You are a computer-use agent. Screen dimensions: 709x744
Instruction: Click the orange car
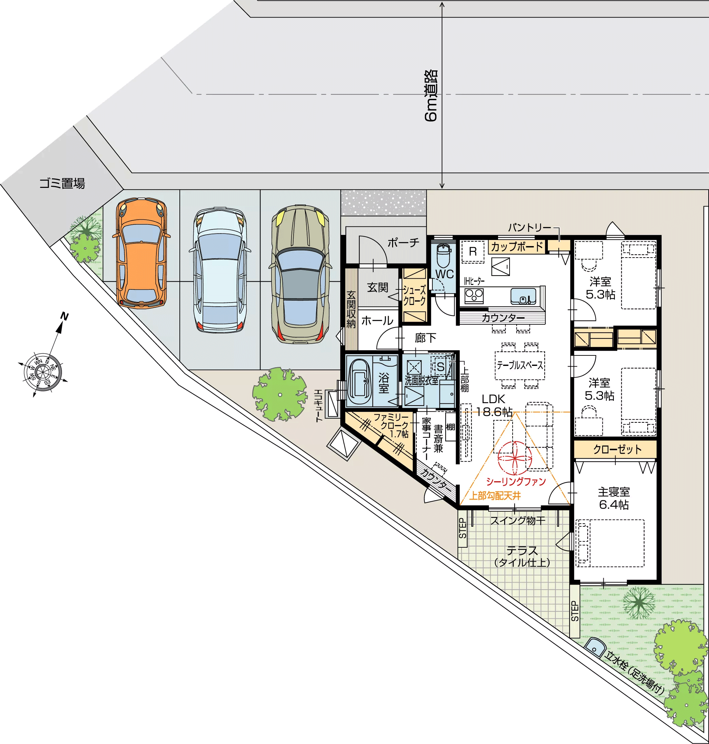pyautogui.click(x=141, y=253)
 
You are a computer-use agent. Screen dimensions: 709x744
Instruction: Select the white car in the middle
pyautogui.click(x=220, y=270)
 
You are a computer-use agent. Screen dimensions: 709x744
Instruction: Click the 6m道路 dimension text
pyautogui.click(x=431, y=95)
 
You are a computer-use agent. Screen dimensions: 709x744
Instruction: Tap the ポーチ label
pyautogui.click(x=403, y=242)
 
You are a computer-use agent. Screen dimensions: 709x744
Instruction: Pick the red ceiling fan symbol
pyautogui.click(x=515, y=458)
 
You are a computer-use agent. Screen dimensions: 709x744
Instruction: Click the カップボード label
pyautogui.click(x=517, y=247)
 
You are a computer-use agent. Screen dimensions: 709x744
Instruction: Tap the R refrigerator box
pyautogui.click(x=473, y=251)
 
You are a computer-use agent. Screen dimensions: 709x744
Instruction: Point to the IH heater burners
pyautogui.click(x=474, y=294)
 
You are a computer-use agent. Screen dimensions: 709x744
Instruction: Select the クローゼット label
pyautogui.click(x=617, y=449)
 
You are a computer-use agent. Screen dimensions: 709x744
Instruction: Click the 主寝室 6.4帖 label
pyautogui.click(x=614, y=498)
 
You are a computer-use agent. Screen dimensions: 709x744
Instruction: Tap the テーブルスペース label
pyautogui.click(x=520, y=365)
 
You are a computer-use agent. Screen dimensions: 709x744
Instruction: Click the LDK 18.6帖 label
pyautogui.click(x=494, y=405)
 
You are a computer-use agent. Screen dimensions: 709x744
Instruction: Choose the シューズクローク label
pyautogui.click(x=414, y=296)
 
